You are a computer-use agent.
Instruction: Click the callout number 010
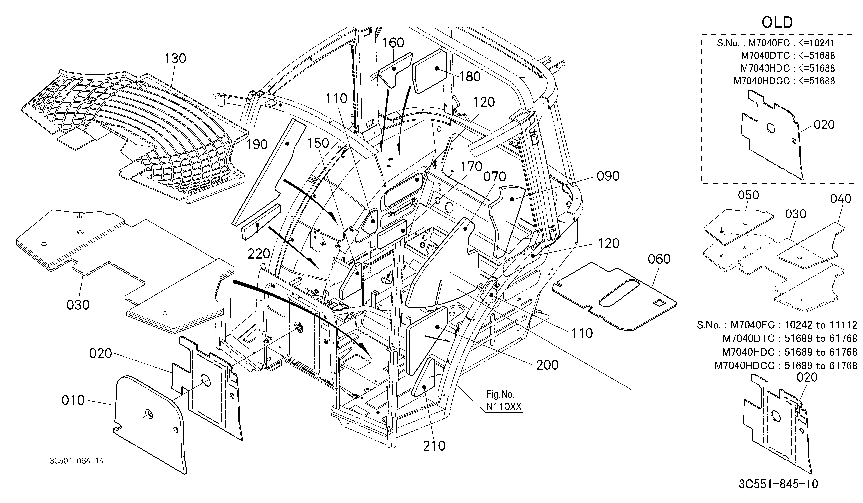coord(73,400)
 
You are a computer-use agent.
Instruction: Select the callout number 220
coord(259,254)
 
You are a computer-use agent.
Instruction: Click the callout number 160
coord(393,43)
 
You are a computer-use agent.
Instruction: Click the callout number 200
coord(547,365)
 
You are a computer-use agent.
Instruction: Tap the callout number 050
coord(748,195)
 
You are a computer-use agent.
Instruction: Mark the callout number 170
coord(471,167)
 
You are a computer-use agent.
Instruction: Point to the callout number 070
coord(494,177)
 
